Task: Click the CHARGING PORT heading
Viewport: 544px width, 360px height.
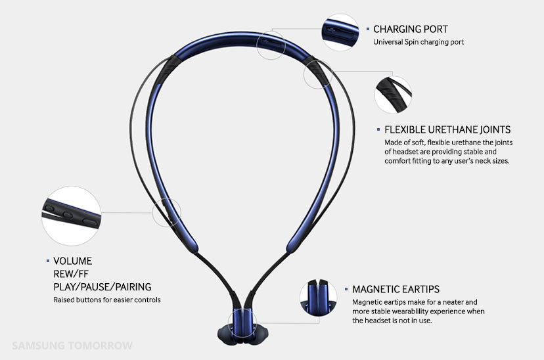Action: coord(411,29)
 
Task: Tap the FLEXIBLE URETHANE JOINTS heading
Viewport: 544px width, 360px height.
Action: coord(447,129)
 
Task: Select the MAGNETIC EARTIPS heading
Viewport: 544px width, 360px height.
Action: coord(396,289)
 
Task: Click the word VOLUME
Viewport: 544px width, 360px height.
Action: coord(72,261)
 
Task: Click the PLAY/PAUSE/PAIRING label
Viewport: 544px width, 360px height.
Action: coord(102,287)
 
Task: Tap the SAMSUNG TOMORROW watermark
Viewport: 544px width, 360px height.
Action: coord(72,346)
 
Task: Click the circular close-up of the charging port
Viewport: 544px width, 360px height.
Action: coord(340,32)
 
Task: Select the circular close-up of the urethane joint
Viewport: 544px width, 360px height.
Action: coord(394,95)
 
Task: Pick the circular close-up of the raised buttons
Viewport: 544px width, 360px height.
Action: coord(72,216)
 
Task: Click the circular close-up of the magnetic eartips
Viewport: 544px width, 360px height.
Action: coord(319,298)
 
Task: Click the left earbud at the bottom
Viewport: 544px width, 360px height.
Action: coord(227,334)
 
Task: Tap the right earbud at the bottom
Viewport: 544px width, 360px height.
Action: coord(258,334)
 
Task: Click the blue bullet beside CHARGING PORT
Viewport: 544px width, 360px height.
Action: coord(368,29)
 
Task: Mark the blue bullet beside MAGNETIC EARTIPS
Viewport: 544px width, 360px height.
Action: coord(346,289)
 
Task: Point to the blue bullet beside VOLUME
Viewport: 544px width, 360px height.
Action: coord(48,261)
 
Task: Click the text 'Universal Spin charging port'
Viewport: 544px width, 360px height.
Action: coord(419,42)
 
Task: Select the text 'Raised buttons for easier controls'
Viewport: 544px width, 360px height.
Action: coord(107,300)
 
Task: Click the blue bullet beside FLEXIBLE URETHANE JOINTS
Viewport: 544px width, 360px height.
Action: coord(378,129)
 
